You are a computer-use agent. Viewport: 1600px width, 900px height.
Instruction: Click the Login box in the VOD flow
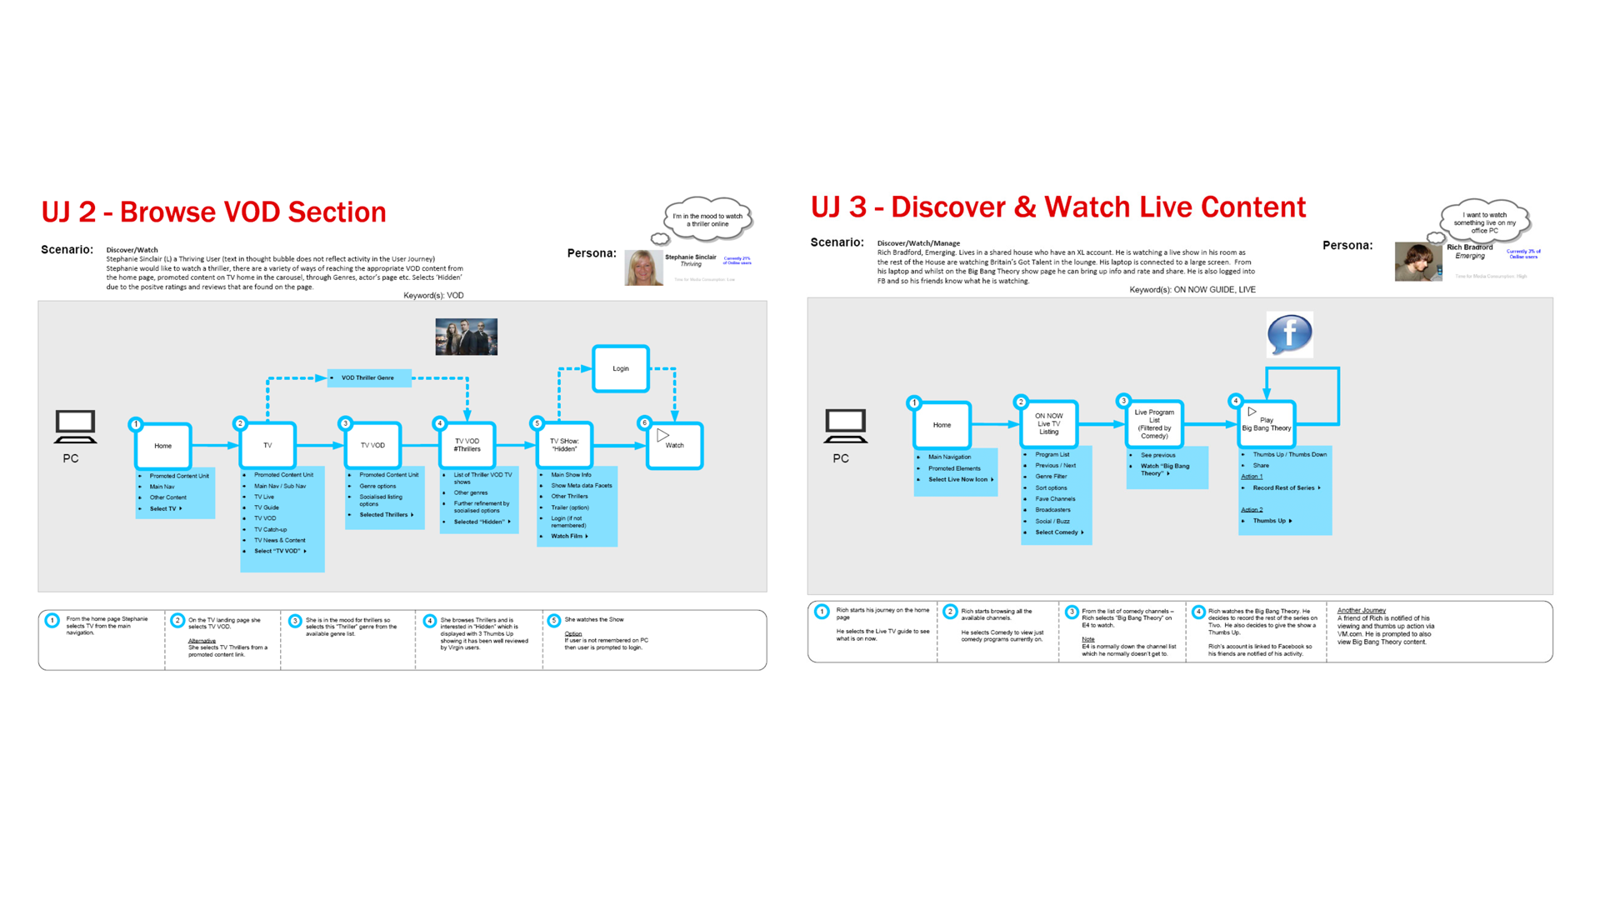click(x=621, y=368)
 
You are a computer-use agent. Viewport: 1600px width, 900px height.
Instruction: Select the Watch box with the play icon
click(x=674, y=445)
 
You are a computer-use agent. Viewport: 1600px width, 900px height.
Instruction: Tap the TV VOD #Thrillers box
click(x=467, y=445)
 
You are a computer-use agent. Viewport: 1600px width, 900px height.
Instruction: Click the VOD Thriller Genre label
click(x=368, y=378)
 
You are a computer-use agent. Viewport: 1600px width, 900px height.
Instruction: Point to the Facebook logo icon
click(x=1289, y=334)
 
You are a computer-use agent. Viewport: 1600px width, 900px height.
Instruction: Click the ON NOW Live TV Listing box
click(x=1048, y=423)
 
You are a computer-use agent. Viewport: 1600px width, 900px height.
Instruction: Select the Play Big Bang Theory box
click(x=1266, y=424)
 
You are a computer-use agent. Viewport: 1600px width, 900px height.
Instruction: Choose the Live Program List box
click(x=1154, y=423)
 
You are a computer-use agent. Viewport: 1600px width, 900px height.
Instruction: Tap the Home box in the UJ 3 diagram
click(x=942, y=425)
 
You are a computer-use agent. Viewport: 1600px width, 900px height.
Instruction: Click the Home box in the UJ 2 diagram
click(x=162, y=446)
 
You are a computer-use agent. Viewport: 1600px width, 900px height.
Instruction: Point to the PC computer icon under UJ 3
click(x=845, y=426)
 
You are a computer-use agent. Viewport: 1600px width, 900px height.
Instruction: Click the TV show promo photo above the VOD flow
click(x=466, y=337)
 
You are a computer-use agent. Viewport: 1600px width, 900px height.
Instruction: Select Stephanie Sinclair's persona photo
click(x=643, y=267)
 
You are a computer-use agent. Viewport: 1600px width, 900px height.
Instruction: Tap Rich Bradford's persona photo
click(x=1417, y=262)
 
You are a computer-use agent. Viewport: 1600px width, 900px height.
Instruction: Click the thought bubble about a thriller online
click(x=707, y=220)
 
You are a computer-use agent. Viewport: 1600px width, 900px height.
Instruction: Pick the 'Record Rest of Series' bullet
click(x=1283, y=488)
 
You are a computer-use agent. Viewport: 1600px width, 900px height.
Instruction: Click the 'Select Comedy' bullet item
click(x=1057, y=532)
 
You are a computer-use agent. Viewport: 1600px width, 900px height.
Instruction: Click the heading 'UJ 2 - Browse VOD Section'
click(x=213, y=212)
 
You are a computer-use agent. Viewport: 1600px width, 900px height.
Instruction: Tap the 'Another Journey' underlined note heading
click(x=1361, y=611)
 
